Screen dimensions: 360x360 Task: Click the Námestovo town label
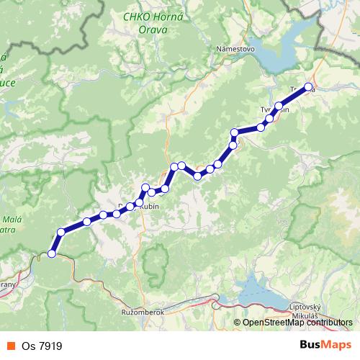pos(235,48)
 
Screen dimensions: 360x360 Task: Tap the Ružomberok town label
pos(144,312)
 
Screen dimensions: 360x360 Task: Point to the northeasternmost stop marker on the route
pos(309,87)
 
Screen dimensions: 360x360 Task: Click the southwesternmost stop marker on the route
pos(51,253)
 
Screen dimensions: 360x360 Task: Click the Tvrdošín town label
pos(274,109)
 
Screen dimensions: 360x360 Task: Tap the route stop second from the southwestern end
pos(62,232)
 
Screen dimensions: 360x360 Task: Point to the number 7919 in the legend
pos(53,346)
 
